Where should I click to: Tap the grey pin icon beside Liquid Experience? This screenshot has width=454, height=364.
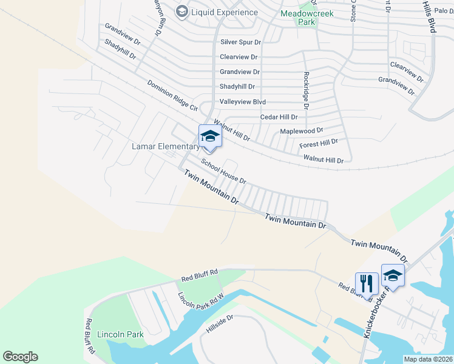[181, 12]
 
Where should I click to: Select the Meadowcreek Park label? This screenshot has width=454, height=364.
[307, 17]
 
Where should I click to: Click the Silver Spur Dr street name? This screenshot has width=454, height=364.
[240, 42]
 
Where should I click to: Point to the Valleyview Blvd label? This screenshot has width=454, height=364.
[242, 102]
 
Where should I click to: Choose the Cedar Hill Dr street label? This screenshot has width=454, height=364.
[279, 117]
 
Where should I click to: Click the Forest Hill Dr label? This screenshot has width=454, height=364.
[319, 144]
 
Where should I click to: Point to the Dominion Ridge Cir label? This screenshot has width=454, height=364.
[172, 96]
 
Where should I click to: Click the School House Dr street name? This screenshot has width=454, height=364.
[223, 172]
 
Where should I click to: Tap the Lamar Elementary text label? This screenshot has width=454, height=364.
[166, 147]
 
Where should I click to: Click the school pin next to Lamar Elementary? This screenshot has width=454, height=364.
[210, 136]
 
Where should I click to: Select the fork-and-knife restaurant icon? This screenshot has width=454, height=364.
[367, 282]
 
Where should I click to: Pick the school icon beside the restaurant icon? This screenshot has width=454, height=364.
[393, 276]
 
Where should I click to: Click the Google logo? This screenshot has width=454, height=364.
[20, 357]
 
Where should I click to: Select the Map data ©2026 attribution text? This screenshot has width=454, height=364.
[428, 359]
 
